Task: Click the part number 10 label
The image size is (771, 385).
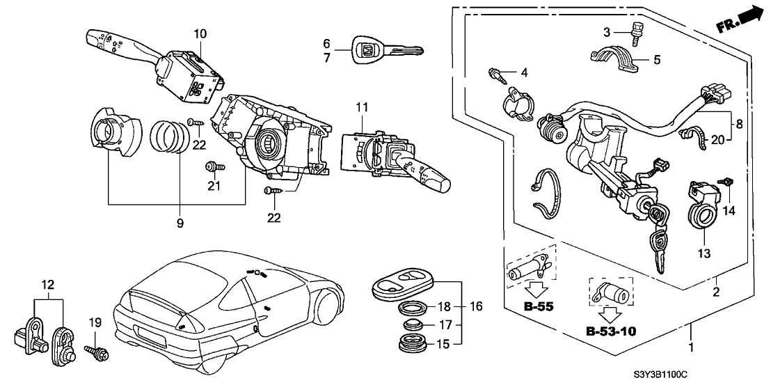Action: click(200, 33)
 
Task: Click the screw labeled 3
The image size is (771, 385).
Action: click(635, 30)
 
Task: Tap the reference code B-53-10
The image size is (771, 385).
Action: click(611, 330)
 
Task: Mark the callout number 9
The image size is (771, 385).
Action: click(180, 223)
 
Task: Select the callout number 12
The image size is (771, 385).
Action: click(47, 285)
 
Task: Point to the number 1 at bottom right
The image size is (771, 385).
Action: click(690, 347)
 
